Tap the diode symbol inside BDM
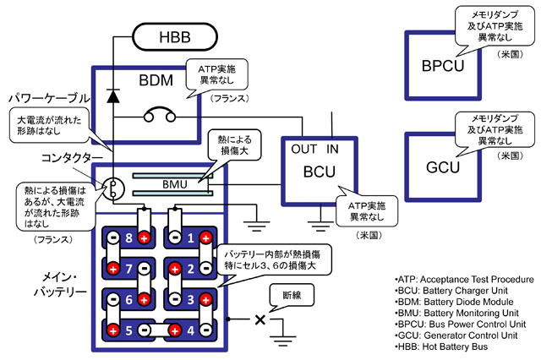(112, 96)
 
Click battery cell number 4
(188, 329)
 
